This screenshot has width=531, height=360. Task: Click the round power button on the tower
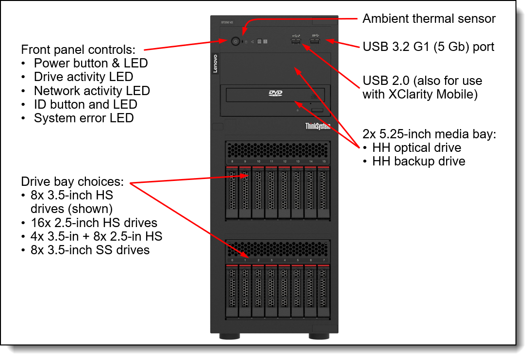(235, 42)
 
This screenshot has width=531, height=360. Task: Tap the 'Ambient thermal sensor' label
(429, 19)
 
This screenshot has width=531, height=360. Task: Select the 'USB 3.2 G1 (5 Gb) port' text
(429, 47)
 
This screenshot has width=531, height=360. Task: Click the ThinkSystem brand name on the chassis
(318, 126)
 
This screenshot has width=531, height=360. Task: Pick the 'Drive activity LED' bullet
(83, 77)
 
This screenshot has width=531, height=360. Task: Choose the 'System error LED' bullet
(83, 118)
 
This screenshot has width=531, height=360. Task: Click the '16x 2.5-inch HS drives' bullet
(95, 223)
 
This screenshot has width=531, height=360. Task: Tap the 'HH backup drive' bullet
(418, 162)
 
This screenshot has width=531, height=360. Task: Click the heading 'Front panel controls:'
(78, 49)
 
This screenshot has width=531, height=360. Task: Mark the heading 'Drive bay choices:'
(72, 182)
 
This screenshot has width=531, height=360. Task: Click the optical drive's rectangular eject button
(317, 111)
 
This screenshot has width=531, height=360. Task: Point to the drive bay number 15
(324, 161)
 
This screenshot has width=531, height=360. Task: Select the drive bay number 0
(232, 261)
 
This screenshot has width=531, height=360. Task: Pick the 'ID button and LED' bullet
(85, 104)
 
